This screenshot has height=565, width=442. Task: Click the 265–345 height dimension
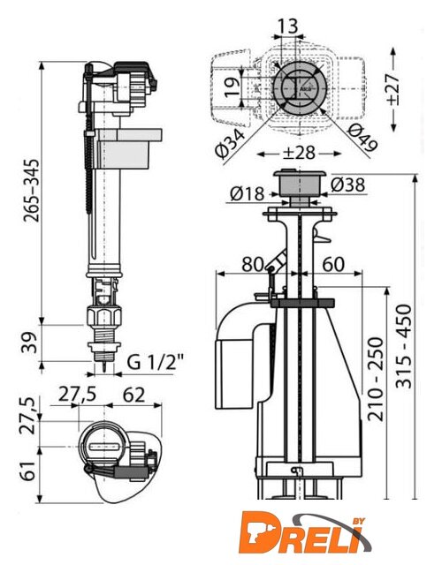point(31,190)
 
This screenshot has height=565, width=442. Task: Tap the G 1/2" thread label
point(156,362)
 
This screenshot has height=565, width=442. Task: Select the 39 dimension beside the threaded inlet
point(30,343)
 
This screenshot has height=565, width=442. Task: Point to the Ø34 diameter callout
point(232,143)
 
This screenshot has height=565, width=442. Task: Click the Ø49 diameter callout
point(362,138)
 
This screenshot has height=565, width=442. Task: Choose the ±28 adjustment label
point(299,153)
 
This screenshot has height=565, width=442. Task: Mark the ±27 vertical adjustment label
point(393,89)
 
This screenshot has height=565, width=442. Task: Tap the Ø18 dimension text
point(248,194)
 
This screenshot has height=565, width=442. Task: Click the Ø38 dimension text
point(347,185)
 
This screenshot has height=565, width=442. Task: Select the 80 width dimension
point(252,264)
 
